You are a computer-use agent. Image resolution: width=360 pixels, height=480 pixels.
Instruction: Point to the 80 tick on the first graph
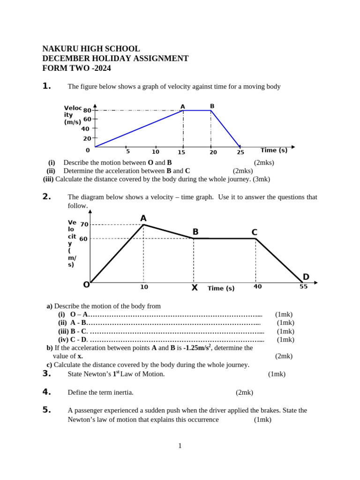(87, 110)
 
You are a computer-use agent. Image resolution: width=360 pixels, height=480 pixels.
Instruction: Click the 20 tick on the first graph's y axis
(87, 139)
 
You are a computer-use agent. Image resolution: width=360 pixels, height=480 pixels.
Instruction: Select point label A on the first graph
(183, 107)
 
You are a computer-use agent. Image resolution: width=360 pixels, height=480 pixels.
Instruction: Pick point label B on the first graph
(212, 106)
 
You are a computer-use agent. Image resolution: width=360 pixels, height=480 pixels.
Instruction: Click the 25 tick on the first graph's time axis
(240, 152)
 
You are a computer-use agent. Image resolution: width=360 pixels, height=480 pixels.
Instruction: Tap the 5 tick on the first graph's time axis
(127, 151)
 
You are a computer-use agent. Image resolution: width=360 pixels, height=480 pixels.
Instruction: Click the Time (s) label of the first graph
(274, 150)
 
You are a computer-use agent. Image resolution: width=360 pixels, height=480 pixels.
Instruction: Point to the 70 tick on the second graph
(84, 225)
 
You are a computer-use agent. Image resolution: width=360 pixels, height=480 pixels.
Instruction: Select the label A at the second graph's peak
(143, 218)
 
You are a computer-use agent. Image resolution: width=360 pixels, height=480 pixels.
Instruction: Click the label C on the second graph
(254, 232)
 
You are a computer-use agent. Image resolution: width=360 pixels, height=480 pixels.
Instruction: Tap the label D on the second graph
(306, 277)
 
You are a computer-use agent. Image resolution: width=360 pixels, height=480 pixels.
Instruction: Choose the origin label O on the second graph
(86, 285)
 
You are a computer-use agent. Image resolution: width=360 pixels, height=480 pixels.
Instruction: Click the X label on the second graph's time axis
(195, 288)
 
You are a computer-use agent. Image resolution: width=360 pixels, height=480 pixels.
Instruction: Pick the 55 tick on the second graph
(304, 286)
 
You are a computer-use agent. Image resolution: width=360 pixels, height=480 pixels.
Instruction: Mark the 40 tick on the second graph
(257, 286)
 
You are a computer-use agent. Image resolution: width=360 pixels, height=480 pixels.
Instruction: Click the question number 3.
(46, 374)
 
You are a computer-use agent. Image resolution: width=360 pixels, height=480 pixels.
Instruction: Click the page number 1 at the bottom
(180, 446)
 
